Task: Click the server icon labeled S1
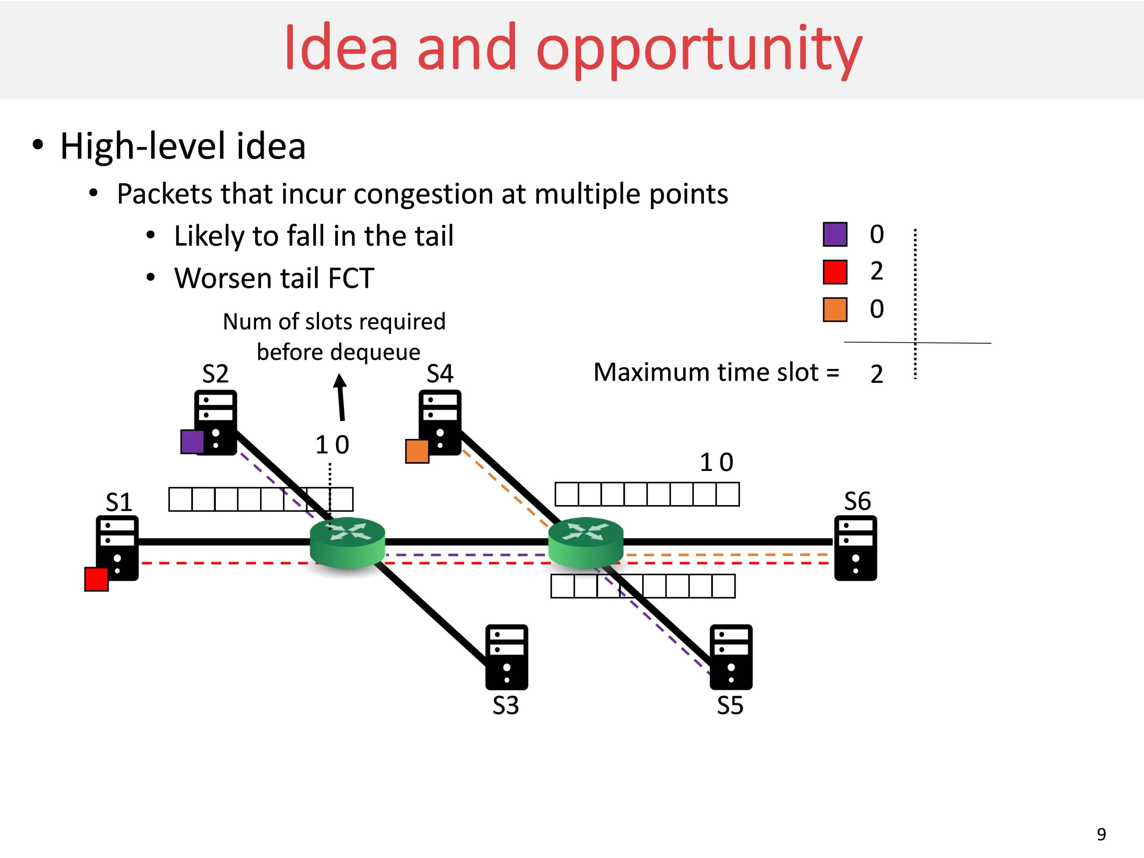[117, 548]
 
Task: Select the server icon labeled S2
[216, 423]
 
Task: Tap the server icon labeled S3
[507, 657]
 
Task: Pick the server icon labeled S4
[440, 423]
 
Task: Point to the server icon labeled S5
[731, 657]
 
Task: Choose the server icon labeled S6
[856, 548]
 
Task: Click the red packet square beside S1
[97, 579]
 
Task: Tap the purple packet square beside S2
[193, 442]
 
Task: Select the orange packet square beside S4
[417, 451]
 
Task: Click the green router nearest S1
[348, 543]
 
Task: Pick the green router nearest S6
[586, 543]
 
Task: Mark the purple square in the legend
[835, 234]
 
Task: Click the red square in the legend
[835, 272]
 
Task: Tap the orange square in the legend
[835, 309]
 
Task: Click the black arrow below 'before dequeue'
[341, 397]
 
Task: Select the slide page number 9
[1102, 834]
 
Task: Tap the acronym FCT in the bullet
[351, 278]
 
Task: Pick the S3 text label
[506, 706]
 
